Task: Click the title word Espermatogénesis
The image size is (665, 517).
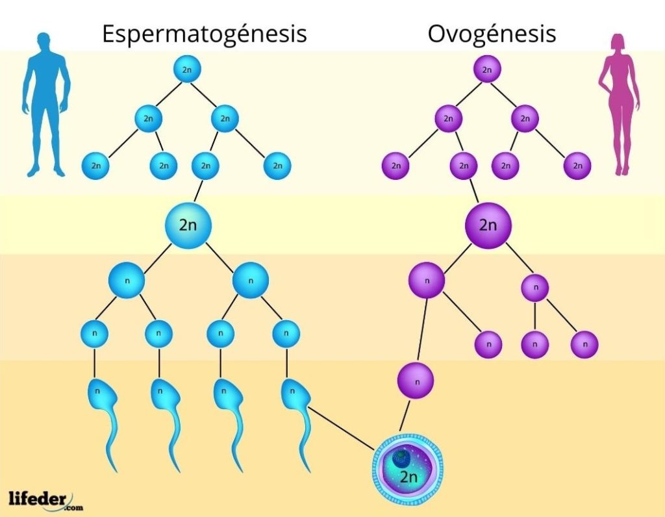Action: tap(204, 33)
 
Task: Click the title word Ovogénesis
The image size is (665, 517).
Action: tap(492, 33)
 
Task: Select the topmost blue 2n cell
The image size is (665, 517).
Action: tap(187, 70)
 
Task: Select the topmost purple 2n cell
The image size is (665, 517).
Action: tap(487, 70)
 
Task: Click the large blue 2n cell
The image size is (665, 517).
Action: tap(188, 225)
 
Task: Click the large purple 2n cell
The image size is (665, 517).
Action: tap(488, 225)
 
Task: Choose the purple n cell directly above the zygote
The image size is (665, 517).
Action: tap(416, 382)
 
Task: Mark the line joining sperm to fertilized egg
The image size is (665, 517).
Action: tap(341, 429)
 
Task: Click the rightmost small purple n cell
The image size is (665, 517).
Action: tap(584, 344)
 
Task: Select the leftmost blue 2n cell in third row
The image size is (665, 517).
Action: tap(96, 166)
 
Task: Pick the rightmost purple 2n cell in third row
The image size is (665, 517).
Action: tap(577, 166)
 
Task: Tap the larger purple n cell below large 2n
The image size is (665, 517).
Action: tap(427, 281)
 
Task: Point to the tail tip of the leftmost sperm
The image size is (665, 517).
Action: tap(115, 469)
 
